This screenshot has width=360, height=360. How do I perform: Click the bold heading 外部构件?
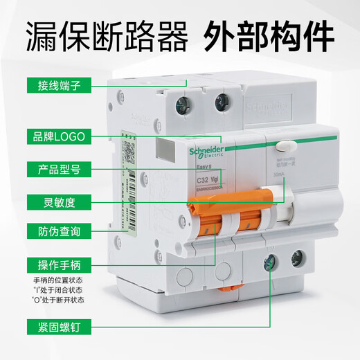click(x=274, y=34)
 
